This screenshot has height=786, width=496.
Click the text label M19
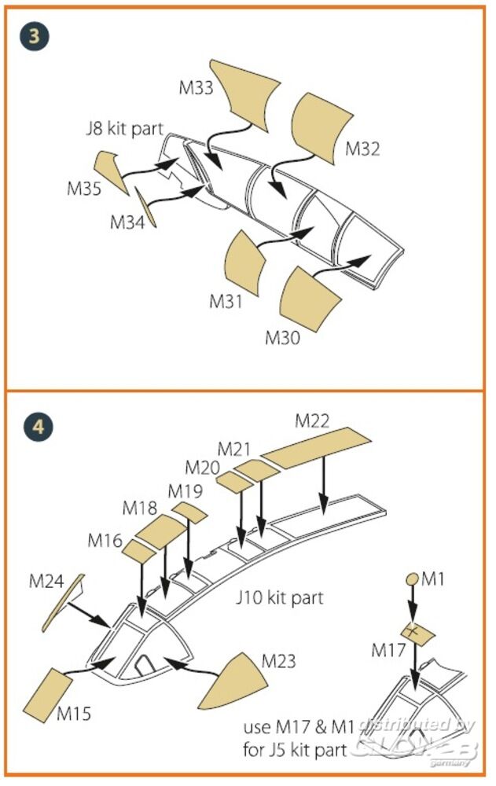tap(185, 491)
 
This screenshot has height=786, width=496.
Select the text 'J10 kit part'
tap(280, 598)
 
